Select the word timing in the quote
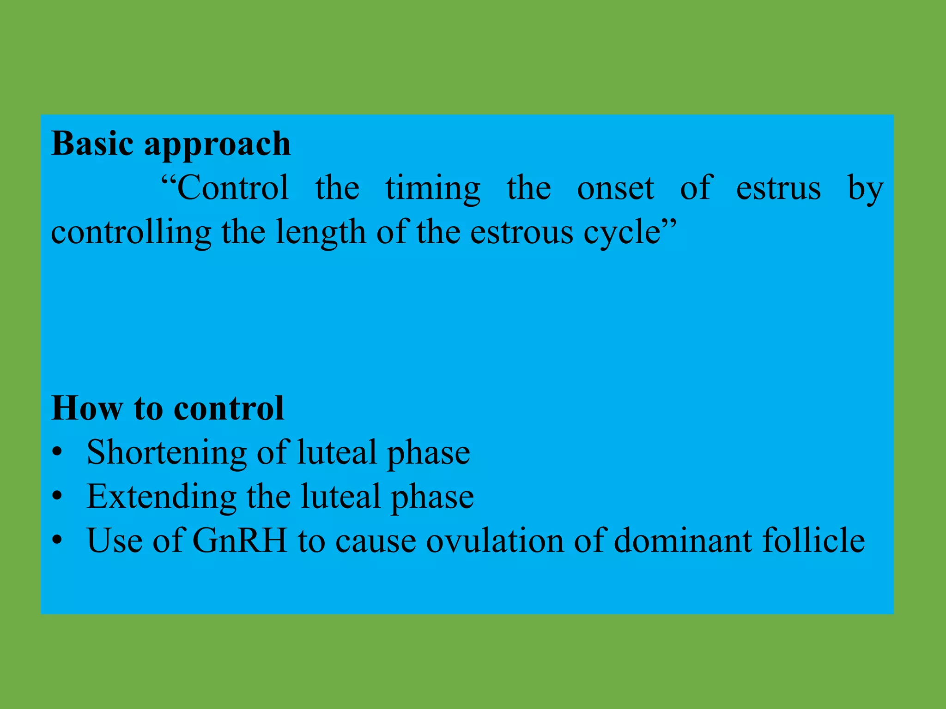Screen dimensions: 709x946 coord(433,189)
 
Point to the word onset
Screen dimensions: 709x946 coord(615,189)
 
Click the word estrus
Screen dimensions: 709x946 coord(778,189)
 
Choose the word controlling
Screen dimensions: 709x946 coord(131,233)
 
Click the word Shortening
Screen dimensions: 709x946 coord(167,453)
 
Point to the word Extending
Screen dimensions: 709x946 coord(161,497)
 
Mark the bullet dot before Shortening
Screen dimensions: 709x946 coord(57,453)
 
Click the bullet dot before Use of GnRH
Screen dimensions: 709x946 coord(57,541)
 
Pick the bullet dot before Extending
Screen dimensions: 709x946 coord(57,497)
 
